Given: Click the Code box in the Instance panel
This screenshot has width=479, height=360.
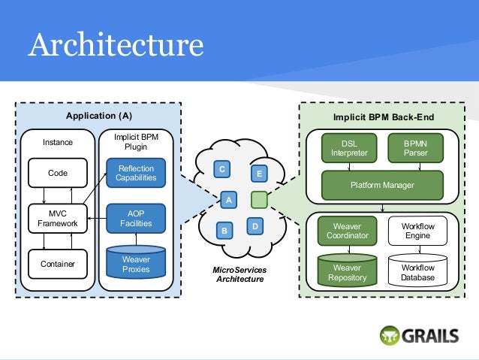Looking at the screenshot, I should tap(57, 173).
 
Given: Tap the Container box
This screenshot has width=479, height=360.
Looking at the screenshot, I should tap(57, 264).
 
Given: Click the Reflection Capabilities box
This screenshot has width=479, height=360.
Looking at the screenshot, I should tap(136, 174).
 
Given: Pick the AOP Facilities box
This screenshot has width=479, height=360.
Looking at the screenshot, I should tap(136, 218).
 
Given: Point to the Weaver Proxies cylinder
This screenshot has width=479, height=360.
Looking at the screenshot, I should tap(136, 264).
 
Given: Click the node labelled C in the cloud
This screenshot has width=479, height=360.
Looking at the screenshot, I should tap(222, 168).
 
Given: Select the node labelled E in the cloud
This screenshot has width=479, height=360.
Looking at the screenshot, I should tap(258, 174).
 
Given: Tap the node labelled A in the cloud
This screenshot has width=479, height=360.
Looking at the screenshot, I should tap(228, 200).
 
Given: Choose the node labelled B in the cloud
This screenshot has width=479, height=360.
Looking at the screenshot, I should tap(223, 231).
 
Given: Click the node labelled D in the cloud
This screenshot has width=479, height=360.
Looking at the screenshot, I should tap(255, 225).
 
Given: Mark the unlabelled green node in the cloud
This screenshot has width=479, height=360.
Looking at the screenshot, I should tap(258, 200).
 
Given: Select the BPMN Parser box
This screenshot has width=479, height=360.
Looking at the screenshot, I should tap(414, 147).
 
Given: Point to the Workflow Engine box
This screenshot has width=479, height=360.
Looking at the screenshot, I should tap(417, 231).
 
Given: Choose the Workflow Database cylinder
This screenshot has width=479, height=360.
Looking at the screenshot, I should tap(417, 271).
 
